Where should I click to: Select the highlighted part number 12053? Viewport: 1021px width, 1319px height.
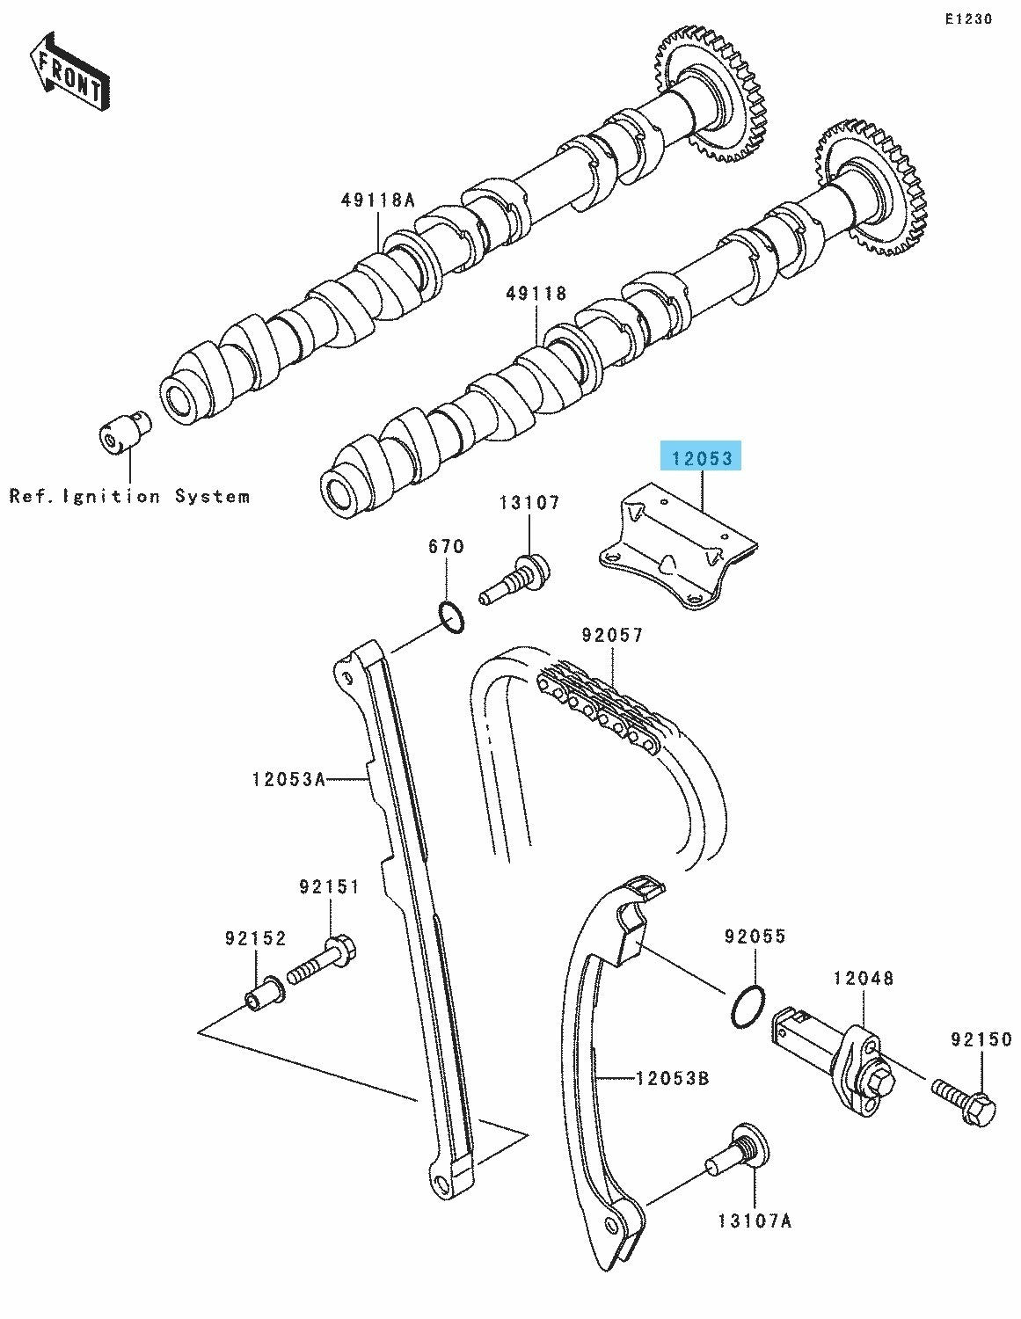point(701,458)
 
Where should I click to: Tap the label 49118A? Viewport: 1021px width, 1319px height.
point(377,200)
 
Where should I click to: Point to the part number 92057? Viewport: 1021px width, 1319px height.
point(612,634)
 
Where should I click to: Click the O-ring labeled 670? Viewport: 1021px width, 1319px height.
point(451,617)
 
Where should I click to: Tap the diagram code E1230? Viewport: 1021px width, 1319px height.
point(968,19)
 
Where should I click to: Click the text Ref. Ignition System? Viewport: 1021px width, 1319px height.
point(130,496)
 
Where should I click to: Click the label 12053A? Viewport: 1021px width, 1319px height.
point(288,778)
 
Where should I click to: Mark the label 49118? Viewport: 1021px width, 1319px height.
point(536,293)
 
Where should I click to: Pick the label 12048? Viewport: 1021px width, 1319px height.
point(864,978)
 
